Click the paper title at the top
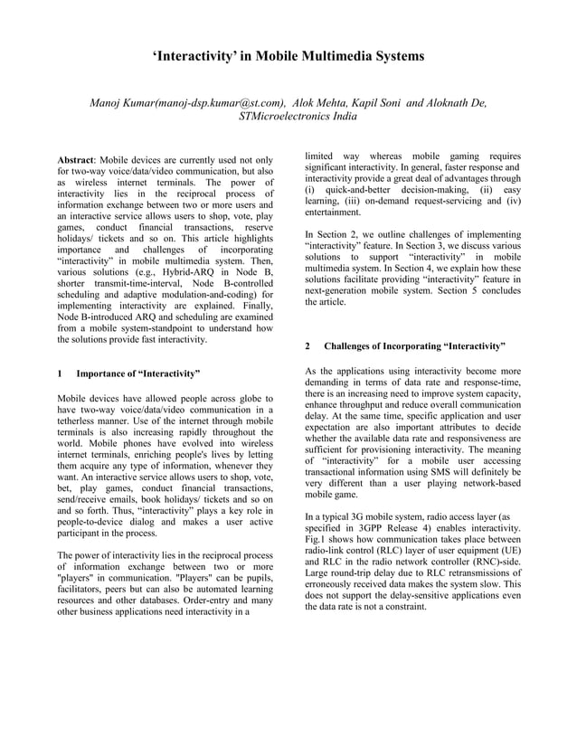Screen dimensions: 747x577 [x=288, y=56]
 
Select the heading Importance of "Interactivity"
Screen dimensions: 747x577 [x=137, y=373]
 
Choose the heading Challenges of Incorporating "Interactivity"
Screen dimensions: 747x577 [x=414, y=346]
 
